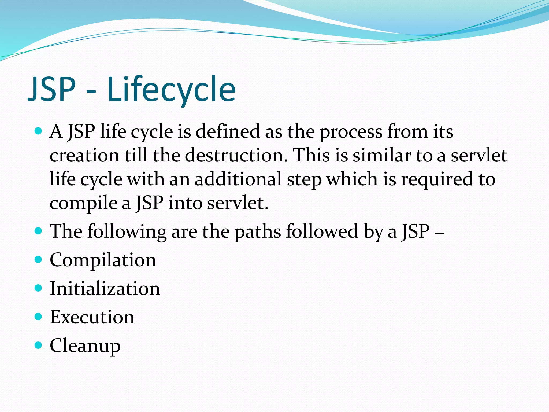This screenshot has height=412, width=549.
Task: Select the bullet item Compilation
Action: (x=103, y=260)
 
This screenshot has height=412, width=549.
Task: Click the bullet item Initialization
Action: (x=105, y=289)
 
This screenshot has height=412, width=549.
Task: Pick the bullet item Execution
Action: (x=92, y=317)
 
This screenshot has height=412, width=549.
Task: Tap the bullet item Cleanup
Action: (x=85, y=346)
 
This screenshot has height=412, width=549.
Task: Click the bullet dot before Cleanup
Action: (x=39, y=345)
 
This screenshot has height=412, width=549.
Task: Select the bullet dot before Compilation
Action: (x=39, y=259)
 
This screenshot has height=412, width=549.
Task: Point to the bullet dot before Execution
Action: (x=39, y=317)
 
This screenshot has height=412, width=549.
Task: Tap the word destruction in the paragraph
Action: (x=236, y=155)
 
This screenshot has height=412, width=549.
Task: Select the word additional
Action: (x=238, y=179)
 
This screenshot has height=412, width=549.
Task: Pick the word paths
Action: (x=258, y=231)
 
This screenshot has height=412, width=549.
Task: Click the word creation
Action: (x=84, y=156)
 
